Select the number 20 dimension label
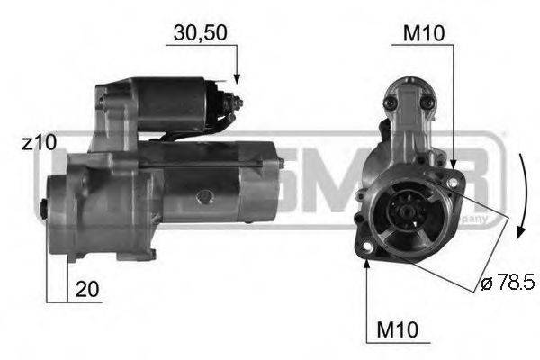(87, 290)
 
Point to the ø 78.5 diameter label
(508, 284)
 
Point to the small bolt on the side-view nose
(45, 209)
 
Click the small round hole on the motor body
(203, 193)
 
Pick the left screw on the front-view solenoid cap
(388, 104)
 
